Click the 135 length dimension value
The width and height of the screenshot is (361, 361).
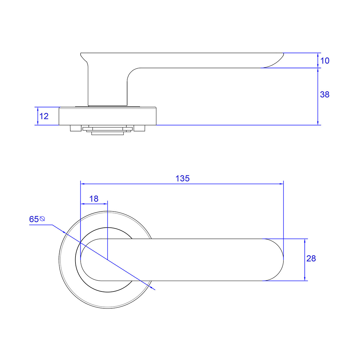[183, 178]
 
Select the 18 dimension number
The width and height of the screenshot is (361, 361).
[94, 199]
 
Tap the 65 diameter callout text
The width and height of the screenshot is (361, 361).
[34, 219]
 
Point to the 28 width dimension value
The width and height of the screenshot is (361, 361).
[311, 258]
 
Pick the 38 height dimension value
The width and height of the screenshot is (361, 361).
[325, 94]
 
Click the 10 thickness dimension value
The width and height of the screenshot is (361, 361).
[325, 61]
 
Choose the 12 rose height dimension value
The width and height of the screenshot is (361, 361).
[44, 116]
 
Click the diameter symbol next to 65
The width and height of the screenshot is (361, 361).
[42, 219]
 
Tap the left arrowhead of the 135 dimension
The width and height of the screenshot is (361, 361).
[82, 184]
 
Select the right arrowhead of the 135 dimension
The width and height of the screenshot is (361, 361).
[282, 184]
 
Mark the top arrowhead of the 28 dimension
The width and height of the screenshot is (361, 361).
[305, 241]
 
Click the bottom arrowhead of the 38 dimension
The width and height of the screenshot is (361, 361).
[318, 123]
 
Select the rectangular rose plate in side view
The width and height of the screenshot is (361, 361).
[108, 116]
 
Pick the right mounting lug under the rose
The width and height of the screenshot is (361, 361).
[139, 128]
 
